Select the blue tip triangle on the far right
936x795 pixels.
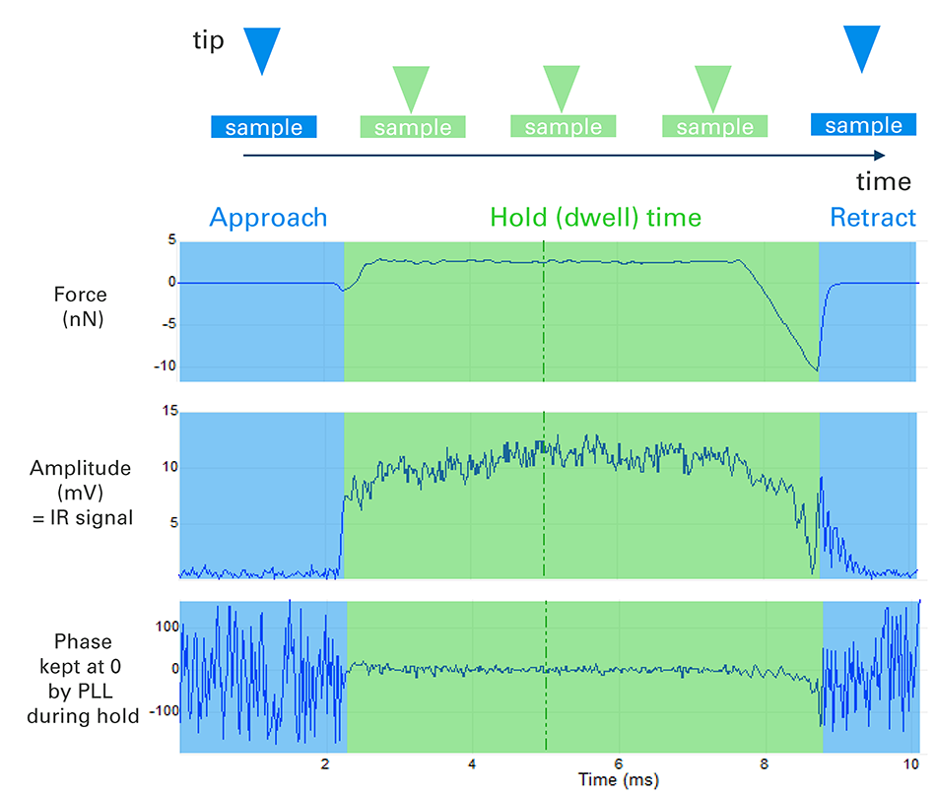click(x=862, y=47)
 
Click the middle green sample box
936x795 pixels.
click(x=564, y=126)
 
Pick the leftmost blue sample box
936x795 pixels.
click(x=263, y=126)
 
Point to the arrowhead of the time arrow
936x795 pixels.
click(x=878, y=155)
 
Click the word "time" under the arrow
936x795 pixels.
click(x=883, y=182)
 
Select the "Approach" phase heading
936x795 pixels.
click(x=268, y=217)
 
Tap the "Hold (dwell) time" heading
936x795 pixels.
click(x=596, y=217)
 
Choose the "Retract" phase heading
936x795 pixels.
click(x=873, y=217)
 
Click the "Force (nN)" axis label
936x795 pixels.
click(x=83, y=305)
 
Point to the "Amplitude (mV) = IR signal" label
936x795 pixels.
click(x=83, y=492)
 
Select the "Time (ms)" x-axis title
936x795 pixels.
click(x=619, y=780)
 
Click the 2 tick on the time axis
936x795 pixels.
click(x=326, y=764)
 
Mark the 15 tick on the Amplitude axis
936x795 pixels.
click(x=167, y=412)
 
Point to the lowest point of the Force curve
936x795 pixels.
click(x=817, y=370)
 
